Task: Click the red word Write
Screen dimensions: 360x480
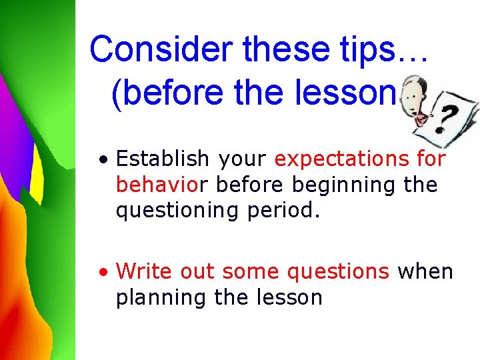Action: (x=139, y=271)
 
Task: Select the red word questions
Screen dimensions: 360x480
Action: (x=337, y=271)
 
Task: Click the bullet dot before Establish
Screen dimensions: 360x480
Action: (x=103, y=161)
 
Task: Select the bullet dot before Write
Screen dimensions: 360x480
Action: (x=103, y=273)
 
